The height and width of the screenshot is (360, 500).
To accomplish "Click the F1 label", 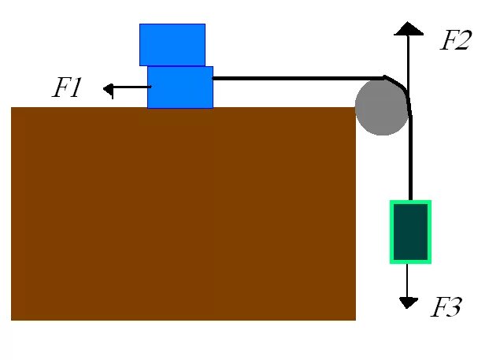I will [67, 88].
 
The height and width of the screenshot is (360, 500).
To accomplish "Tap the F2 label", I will [454, 40].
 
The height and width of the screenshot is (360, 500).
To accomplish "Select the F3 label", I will [445, 308].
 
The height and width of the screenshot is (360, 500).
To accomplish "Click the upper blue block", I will [172, 44].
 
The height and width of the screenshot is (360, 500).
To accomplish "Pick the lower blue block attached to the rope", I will [180, 87].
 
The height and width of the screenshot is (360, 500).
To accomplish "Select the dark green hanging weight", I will [410, 232].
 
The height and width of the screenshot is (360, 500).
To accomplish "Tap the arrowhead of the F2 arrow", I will [409, 28].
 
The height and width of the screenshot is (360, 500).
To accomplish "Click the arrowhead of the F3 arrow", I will [408, 302].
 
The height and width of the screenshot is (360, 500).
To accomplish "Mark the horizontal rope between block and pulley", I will [291, 78].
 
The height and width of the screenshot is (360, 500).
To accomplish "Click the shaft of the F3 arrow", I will [408, 280].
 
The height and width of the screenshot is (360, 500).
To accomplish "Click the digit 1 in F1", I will [76, 88].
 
